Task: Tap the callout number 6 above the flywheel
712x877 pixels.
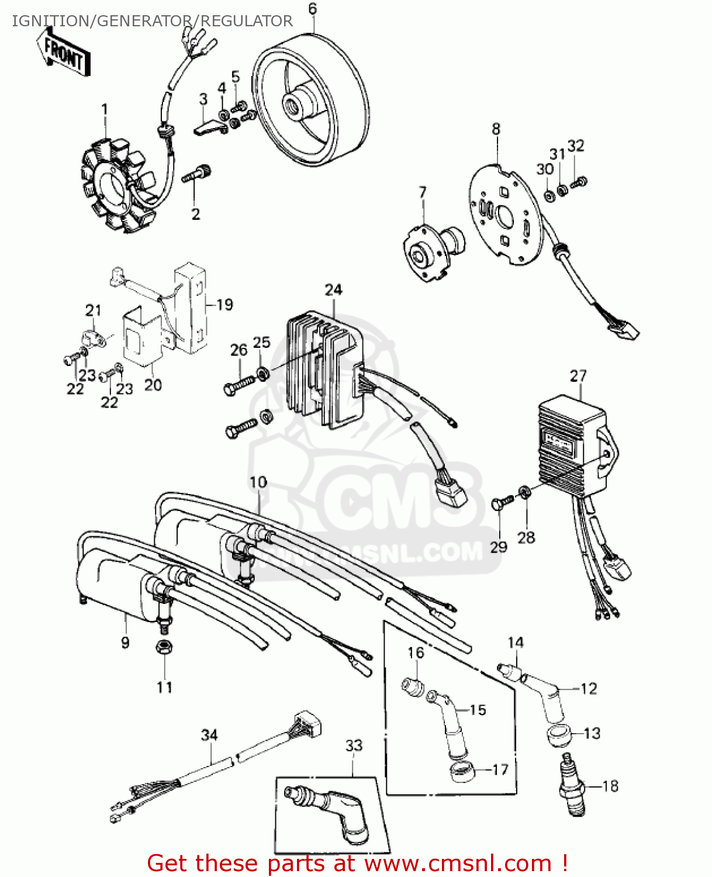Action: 313,9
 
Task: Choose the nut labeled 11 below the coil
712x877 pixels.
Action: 164,648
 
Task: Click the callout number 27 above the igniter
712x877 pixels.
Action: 578,376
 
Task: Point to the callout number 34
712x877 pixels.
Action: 209,735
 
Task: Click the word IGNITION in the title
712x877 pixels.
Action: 49,21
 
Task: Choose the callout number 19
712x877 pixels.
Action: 224,305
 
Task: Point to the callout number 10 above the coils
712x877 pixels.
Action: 258,482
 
